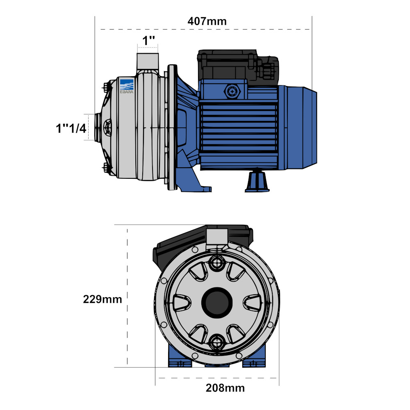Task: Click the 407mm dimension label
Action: pos(207,21)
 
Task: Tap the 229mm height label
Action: pos(102,299)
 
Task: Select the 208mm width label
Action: pos(225,388)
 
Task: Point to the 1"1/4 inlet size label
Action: pos(71,128)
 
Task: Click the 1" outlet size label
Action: pos(148,41)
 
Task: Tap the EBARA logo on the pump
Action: pos(127,86)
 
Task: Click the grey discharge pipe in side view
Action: pos(148,61)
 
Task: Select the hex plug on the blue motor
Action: pos(232,91)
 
